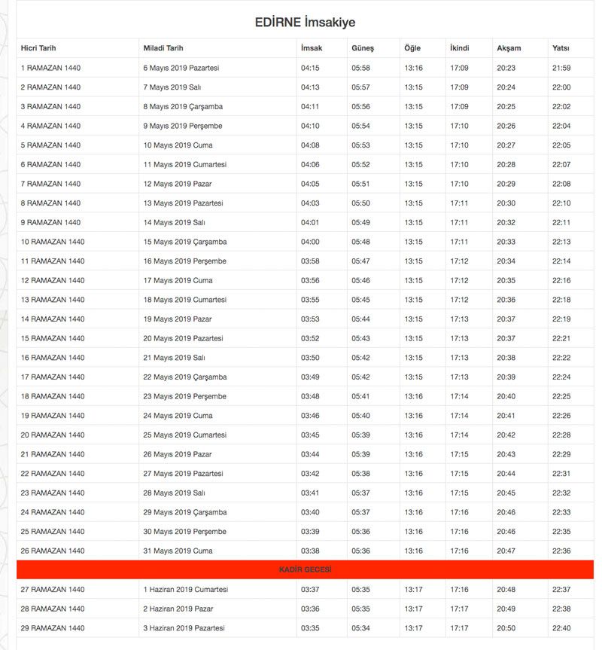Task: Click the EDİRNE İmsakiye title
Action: click(x=305, y=23)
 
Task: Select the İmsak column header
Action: click(x=311, y=48)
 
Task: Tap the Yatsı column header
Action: click(x=561, y=48)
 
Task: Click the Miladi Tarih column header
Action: click(x=164, y=48)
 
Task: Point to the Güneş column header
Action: click(x=362, y=48)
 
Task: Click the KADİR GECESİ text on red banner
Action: click(x=305, y=570)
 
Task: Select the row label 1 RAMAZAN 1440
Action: click(x=50, y=68)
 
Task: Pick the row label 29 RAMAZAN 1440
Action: click(x=53, y=628)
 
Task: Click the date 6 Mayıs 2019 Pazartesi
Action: click(x=181, y=68)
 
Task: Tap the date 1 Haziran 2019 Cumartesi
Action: click(x=186, y=590)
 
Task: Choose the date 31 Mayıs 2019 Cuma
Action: click(x=178, y=551)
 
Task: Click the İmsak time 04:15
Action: click(x=310, y=68)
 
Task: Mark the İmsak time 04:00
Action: click(x=310, y=242)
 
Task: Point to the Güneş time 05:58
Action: click(x=360, y=68)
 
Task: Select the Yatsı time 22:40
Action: click(x=561, y=628)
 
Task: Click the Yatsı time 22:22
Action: click(x=561, y=358)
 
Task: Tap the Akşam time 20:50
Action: click(x=506, y=628)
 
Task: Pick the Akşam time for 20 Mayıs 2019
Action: click(x=506, y=338)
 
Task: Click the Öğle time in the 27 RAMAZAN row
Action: click(x=413, y=590)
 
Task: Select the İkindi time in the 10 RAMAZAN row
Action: click(x=459, y=242)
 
